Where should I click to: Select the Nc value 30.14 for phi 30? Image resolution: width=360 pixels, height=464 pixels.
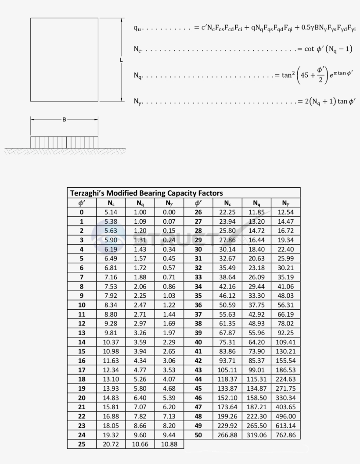tap(227, 249)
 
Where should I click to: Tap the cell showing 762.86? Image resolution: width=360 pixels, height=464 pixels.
tap(286, 435)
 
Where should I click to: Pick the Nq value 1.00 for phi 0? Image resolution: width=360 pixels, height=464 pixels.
tap(140, 212)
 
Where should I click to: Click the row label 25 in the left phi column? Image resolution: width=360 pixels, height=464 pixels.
tap(82, 444)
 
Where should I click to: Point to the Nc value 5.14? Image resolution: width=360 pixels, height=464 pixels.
tap(111, 212)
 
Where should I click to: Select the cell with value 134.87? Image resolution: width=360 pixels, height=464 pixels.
tap(257, 389)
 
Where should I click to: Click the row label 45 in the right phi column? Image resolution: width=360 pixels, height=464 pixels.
tap(198, 389)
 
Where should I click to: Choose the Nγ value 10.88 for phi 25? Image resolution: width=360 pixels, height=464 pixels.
tap(169, 444)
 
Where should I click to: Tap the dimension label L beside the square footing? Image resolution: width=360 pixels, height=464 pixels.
tap(122, 60)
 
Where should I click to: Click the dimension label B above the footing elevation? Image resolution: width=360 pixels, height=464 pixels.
tap(64, 119)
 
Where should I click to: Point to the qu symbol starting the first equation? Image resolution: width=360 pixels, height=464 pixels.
tap(137, 28)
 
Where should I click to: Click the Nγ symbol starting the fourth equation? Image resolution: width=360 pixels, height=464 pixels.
tap(138, 101)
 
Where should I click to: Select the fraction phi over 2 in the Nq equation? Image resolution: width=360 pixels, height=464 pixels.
tap(321, 75)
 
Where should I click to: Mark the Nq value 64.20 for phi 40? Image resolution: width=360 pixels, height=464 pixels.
tap(257, 342)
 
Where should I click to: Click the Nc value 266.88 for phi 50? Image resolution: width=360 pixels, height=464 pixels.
tap(227, 435)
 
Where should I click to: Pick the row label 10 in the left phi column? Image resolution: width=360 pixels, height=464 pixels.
tap(82, 305)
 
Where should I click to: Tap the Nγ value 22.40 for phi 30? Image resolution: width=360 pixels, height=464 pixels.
tap(286, 249)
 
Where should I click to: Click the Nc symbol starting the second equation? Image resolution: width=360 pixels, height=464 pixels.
tap(137, 49)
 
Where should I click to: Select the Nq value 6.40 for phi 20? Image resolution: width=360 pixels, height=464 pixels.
tap(140, 398)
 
